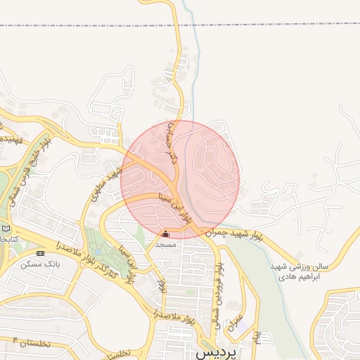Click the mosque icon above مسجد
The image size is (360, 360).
166,234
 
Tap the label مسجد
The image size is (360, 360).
166,244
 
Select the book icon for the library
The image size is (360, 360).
6,229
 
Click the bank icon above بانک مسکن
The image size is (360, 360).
39,252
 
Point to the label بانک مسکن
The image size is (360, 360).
39,263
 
